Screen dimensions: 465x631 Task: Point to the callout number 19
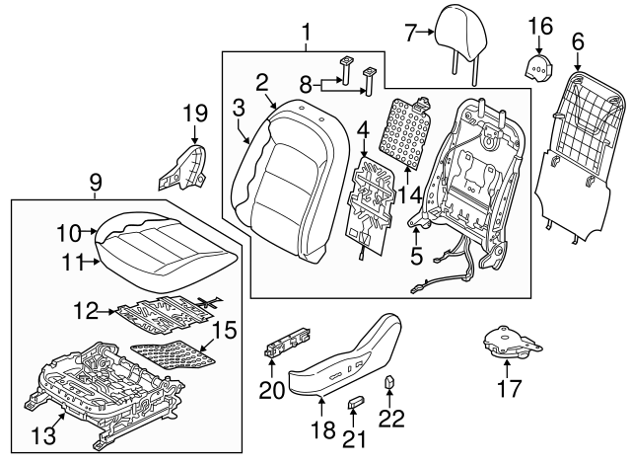coord(194,116)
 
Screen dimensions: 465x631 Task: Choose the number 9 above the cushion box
coord(96,182)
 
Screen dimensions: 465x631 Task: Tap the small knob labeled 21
coord(356,402)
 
